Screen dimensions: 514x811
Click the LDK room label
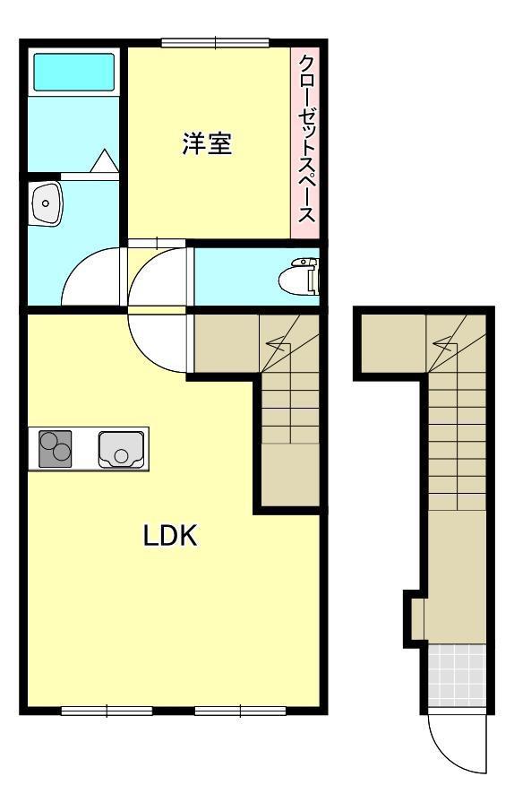(170, 536)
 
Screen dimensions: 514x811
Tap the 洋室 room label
(207, 143)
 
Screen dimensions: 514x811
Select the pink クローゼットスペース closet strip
(305, 142)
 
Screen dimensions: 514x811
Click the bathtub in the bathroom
(73, 72)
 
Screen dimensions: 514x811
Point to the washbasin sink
(46, 203)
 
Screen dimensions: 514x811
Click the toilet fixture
(299, 277)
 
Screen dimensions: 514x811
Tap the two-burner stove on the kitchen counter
(55, 448)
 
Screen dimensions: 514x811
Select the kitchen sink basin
(121, 449)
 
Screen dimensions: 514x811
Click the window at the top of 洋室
(215, 43)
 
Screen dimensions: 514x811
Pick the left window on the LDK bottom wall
(107, 712)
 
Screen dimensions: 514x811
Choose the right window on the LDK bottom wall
(240, 712)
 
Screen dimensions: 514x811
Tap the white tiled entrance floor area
(458, 676)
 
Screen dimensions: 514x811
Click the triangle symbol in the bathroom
(105, 160)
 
